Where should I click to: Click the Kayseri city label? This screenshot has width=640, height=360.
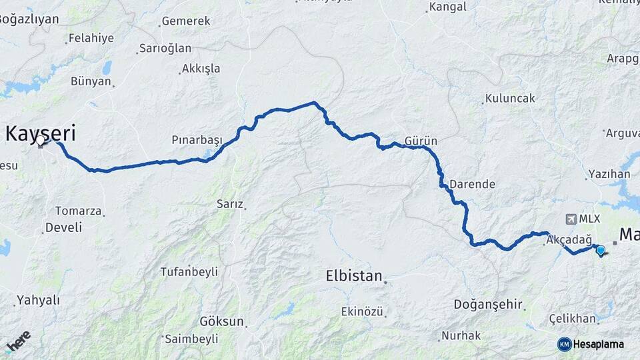tap(40, 133)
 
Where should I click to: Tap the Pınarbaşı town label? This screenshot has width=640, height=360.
tap(197, 140)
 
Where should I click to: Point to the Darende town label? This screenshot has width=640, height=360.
tap(472, 183)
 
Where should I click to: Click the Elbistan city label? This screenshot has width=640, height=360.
tap(354, 275)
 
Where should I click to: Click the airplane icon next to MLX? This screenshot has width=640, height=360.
tap(570, 219)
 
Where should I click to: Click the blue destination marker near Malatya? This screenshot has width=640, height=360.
tap(600, 251)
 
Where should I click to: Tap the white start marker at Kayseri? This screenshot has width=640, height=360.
tap(41, 141)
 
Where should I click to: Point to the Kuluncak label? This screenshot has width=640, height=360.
tap(510, 98)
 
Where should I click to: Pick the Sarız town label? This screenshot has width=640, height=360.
tap(230, 204)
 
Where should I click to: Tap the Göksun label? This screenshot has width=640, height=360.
tap(222, 321)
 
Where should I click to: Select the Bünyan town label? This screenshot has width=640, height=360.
tap(91, 81)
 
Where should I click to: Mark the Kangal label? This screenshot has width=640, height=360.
tap(448, 7)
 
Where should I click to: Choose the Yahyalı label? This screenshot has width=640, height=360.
tap(38, 300)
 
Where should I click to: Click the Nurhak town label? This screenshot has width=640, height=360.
tap(461, 335)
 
